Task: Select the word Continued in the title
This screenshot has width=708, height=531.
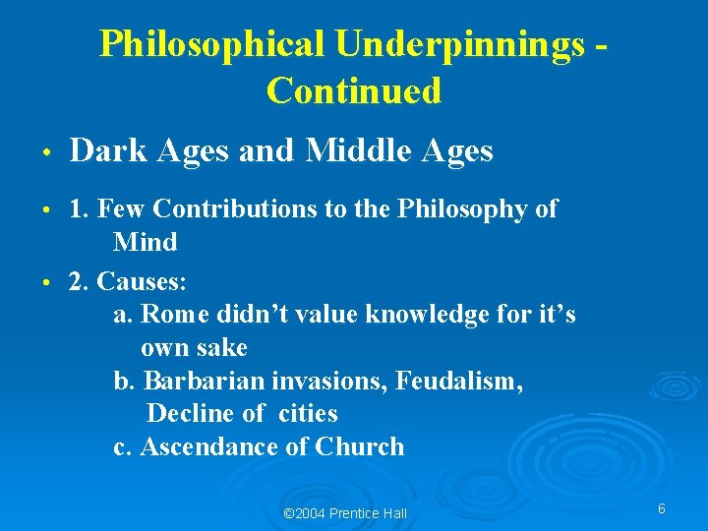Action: pos(354,90)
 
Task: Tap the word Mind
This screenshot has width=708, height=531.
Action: pos(145,242)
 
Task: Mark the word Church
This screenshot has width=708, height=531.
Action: pos(360,447)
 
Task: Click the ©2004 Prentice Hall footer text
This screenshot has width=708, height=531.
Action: pos(344,513)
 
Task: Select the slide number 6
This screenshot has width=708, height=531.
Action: pos(662,509)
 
